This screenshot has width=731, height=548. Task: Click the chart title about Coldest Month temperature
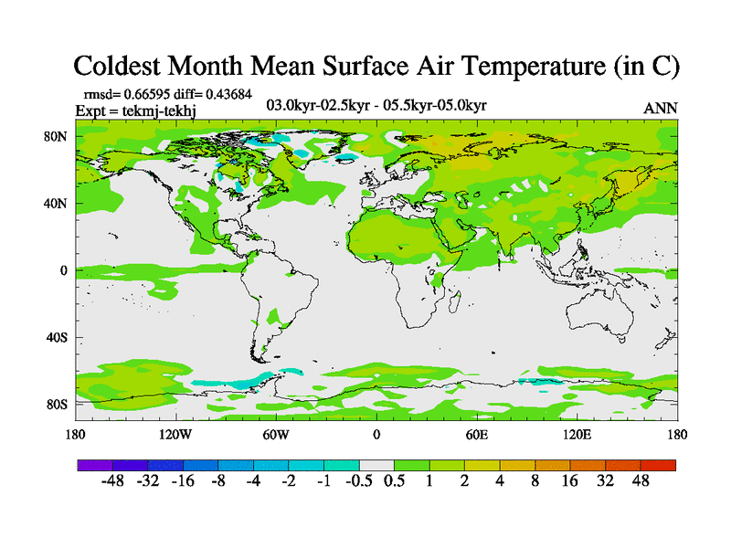[x=376, y=66]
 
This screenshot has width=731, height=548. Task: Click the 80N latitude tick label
[x=57, y=136]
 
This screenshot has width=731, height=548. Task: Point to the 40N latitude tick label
[x=57, y=203]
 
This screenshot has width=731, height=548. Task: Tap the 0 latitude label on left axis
[x=64, y=270]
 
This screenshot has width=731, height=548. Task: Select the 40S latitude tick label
[x=57, y=337]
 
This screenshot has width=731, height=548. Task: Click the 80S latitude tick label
[x=57, y=404]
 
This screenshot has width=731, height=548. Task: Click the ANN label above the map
[x=661, y=108]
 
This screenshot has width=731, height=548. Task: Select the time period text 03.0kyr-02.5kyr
[x=315, y=106]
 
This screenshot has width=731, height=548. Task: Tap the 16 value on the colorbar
[x=569, y=481]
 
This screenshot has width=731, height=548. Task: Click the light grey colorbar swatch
[x=376, y=465]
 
